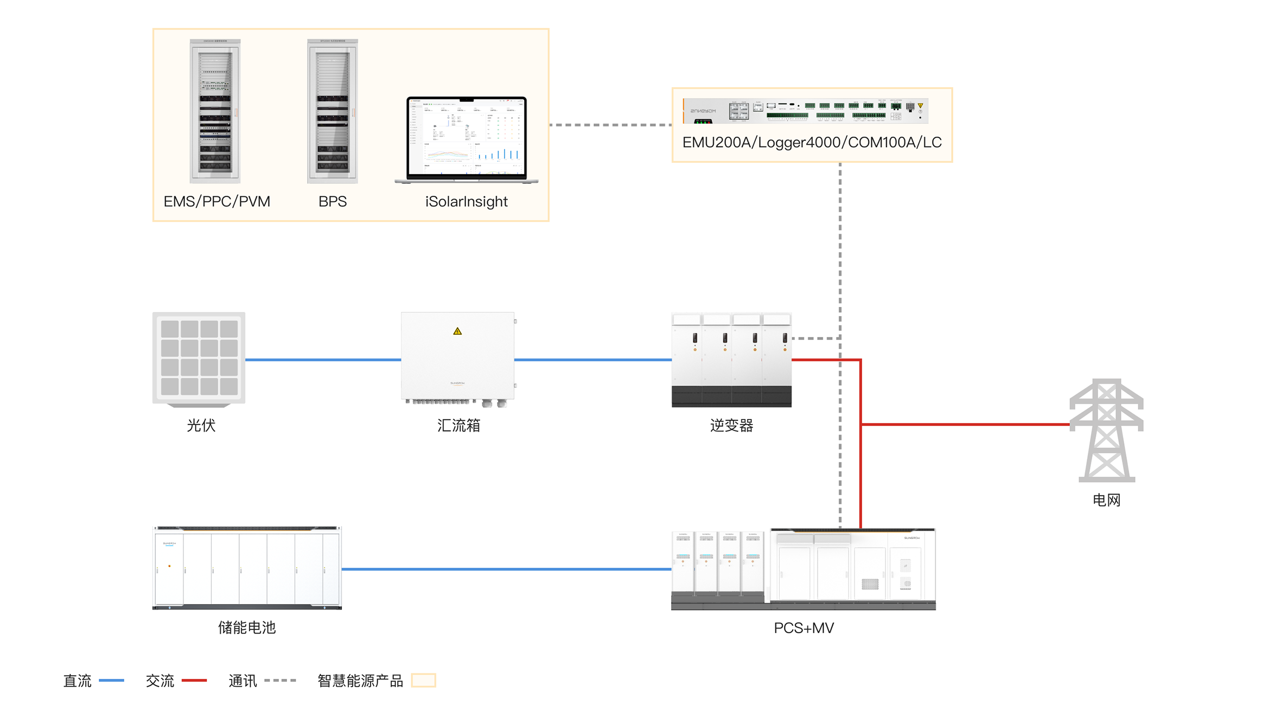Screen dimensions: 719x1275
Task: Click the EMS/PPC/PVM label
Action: (x=216, y=202)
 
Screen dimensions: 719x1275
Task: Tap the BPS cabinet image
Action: (x=332, y=111)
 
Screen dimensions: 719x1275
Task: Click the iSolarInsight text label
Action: (x=466, y=202)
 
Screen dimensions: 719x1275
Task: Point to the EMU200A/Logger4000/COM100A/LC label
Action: (x=812, y=143)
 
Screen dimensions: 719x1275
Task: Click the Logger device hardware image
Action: (x=806, y=111)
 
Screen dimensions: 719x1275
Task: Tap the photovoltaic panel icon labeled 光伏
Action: (x=199, y=358)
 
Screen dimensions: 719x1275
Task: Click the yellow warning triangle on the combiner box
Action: (x=457, y=331)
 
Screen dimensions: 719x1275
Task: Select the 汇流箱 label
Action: (x=458, y=426)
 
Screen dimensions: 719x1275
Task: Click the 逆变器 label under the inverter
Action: (x=731, y=426)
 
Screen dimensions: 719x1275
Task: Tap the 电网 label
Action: (x=1106, y=500)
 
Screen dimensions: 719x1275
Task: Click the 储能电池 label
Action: (x=247, y=628)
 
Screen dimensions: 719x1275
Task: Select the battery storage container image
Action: (x=247, y=568)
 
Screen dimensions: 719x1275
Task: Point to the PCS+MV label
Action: (x=804, y=628)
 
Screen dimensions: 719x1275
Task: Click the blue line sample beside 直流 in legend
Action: (x=112, y=681)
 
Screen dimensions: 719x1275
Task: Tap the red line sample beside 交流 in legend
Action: (x=194, y=681)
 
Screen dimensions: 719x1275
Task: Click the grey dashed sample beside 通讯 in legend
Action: (x=280, y=681)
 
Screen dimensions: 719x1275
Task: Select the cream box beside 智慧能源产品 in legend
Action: (x=423, y=681)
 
